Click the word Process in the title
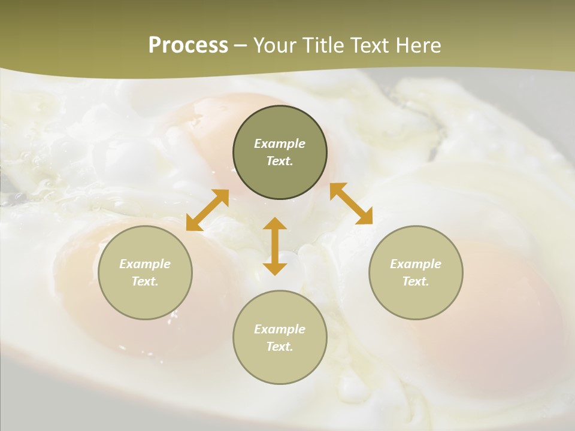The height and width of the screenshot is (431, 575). (188, 45)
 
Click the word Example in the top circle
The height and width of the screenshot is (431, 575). (280, 144)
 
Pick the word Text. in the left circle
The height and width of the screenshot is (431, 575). (145, 281)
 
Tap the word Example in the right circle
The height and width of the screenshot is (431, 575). (416, 264)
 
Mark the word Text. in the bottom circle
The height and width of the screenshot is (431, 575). (280, 347)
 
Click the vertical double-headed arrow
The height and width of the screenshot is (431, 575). (275, 246)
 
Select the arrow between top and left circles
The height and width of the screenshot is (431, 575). (207, 210)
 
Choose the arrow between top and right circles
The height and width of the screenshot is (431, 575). (351, 204)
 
